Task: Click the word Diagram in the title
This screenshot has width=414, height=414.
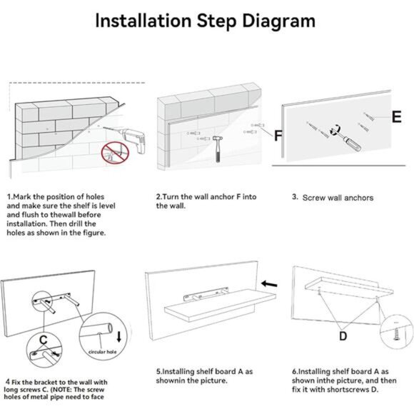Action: coord(278,21)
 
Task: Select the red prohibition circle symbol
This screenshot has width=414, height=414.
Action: coord(115,153)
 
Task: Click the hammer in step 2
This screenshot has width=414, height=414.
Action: coord(218,148)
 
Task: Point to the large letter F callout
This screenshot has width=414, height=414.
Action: coord(278,136)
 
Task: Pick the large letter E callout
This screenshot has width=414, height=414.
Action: coord(397,116)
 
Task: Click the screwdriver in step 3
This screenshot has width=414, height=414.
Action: coord(346,138)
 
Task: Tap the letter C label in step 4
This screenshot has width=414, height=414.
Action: coord(44,340)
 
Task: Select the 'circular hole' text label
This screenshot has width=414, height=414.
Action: coord(103,352)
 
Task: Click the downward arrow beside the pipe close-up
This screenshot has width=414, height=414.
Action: coord(118,337)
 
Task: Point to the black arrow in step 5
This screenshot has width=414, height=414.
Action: coord(269,284)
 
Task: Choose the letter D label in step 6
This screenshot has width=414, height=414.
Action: coord(343,336)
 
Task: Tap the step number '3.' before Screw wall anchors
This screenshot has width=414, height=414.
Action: coord(296,197)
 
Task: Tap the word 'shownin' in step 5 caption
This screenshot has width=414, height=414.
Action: coord(168,380)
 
